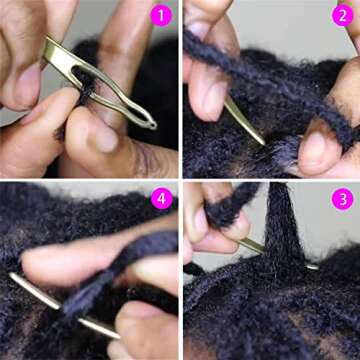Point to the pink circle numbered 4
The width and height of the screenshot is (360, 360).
160,199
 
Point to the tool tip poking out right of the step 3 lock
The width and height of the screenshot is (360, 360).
313,266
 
